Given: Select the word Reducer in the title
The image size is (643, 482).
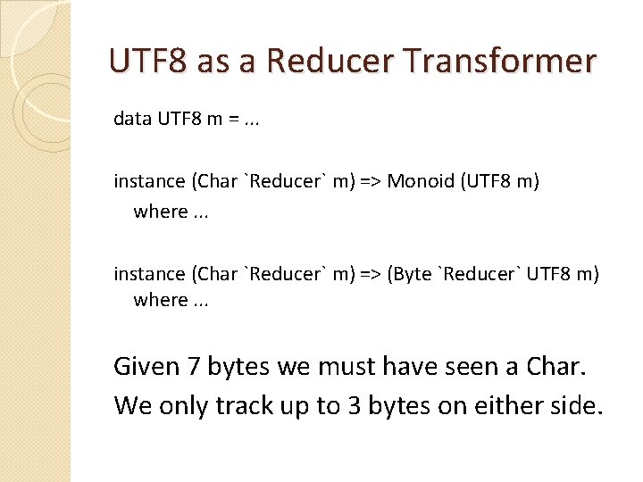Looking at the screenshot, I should point(332,62).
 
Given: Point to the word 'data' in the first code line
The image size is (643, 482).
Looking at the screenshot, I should point(133,120).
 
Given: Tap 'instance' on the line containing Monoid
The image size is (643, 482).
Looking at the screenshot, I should point(149,181).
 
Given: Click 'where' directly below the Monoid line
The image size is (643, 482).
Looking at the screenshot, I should point(161,212).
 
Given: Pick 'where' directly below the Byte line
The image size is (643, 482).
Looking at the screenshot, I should point(161,300).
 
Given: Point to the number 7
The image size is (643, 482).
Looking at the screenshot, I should point(196,366).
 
